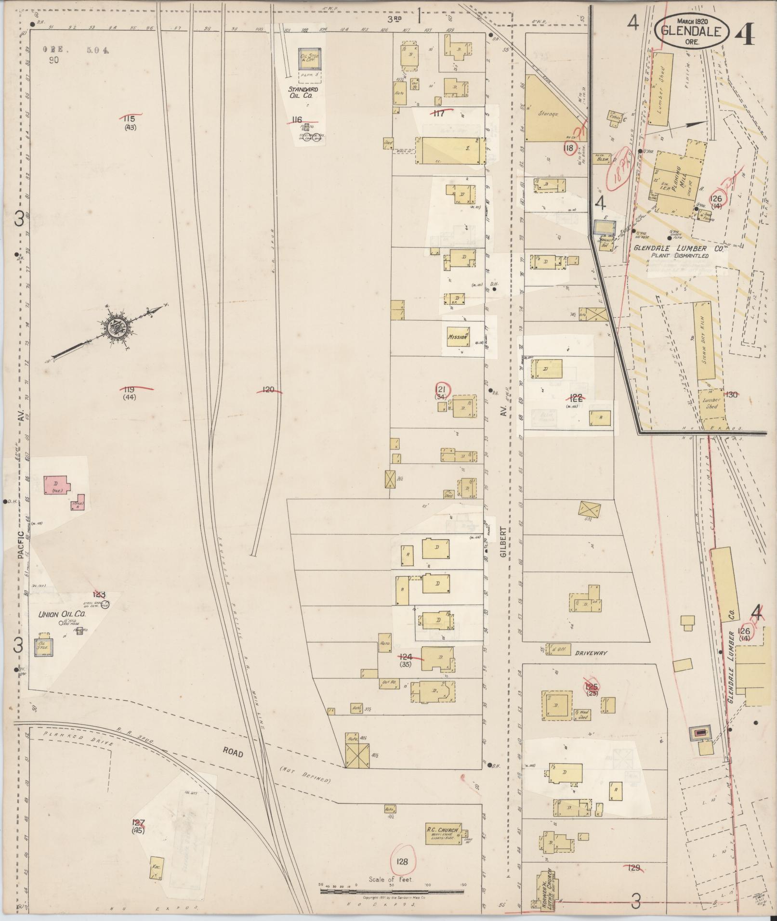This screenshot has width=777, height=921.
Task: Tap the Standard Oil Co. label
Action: [303, 92]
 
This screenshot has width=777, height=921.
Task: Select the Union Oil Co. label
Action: [62, 615]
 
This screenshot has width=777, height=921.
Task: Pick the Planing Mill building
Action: [676, 181]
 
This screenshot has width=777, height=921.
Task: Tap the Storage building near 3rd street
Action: [549, 113]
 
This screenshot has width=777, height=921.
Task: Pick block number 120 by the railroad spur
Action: [268, 389]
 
